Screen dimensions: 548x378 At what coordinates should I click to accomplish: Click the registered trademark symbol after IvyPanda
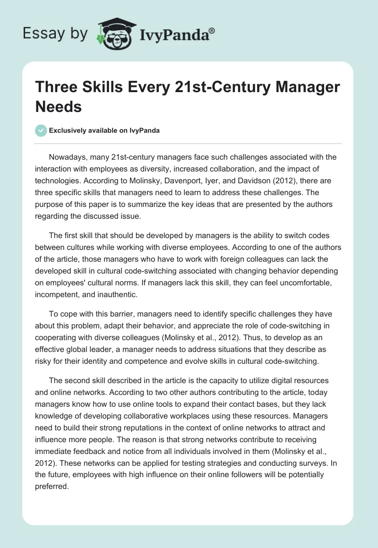point(212,31)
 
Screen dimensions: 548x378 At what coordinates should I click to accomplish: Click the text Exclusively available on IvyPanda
point(104,131)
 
